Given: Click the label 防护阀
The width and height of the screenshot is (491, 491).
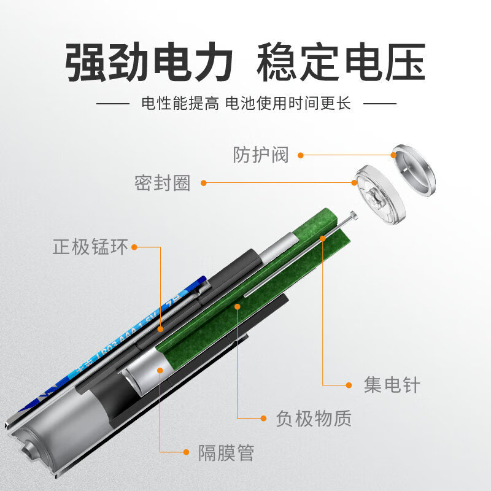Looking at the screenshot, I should point(260,153).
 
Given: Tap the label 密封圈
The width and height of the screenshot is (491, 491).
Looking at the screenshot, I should point(163,182).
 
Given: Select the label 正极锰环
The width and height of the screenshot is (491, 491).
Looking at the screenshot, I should point(90,247).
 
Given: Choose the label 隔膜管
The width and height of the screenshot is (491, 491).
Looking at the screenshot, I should point(226,454).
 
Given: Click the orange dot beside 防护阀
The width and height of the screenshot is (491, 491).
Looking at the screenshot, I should point(301,154).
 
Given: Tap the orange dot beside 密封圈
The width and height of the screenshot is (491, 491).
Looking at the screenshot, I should point(204,182).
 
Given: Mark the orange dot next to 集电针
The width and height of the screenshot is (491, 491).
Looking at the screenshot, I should point(349,385).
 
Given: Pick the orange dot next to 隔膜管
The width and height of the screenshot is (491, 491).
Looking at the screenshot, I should point(187,452).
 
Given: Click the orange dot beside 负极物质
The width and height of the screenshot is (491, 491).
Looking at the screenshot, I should point(263,419).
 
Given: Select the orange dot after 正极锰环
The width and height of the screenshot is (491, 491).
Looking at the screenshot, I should point(134,247).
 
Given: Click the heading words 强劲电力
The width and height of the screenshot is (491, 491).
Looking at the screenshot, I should point(149,63).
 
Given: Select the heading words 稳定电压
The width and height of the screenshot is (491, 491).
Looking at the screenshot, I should point(341,63).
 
